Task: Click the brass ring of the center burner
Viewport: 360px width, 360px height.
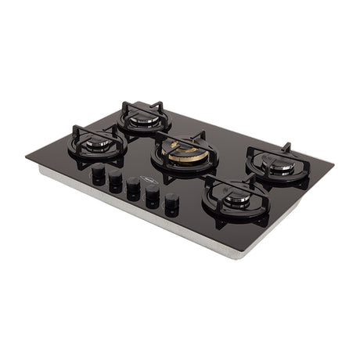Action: [x=185, y=159]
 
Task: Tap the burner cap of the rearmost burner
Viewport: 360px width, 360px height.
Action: [x=144, y=119]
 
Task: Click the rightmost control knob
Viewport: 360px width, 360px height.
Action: [x=171, y=202]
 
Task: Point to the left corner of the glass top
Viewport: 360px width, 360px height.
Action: [x=27, y=158]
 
